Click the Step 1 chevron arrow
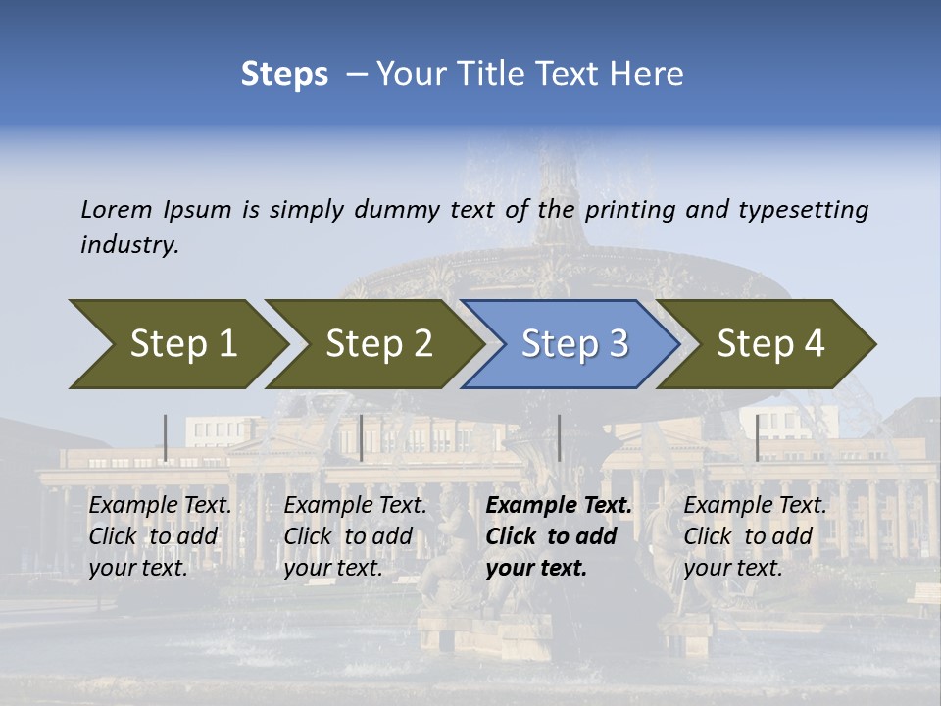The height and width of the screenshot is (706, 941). click(181, 343)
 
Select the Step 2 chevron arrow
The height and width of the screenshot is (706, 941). click(377, 343)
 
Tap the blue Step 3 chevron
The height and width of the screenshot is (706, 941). click(573, 343)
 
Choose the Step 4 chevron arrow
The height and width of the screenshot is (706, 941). click(769, 343)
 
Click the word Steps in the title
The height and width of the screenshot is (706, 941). click(284, 74)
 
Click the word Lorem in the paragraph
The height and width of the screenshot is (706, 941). click(117, 209)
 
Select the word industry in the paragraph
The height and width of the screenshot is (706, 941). click(129, 244)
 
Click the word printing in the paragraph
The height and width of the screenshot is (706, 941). click(629, 209)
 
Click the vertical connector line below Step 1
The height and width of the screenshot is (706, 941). click(166, 437)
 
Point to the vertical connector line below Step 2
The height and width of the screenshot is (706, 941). click(362, 437)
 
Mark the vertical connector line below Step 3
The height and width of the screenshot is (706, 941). click(560, 437)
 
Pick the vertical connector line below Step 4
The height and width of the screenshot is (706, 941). click(757, 437)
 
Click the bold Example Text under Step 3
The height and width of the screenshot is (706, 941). click(559, 506)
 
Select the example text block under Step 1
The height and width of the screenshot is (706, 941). click(160, 536)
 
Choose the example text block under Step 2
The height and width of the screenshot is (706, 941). click(355, 536)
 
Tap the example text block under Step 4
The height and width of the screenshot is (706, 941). click(755, 536)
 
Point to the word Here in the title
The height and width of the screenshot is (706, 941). click(651, 74)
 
